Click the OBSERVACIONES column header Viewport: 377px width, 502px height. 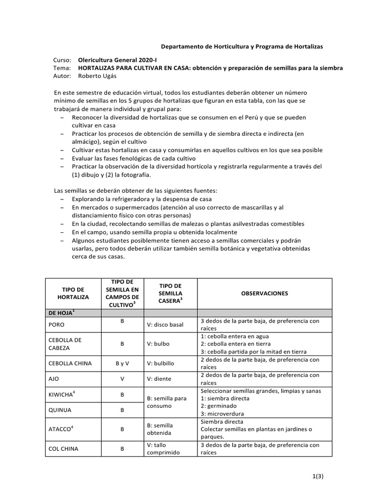(265, 293)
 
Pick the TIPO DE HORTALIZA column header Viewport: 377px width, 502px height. (73, 293)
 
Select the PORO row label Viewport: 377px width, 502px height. (57, 325)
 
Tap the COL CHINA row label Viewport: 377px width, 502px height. (63, 449)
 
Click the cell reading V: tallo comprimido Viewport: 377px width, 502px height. (164, 449)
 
